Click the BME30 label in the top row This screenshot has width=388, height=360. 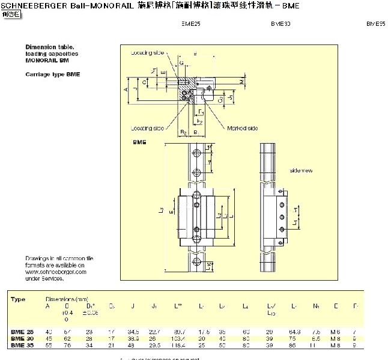[280, 25]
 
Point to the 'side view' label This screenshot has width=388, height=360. [301, 171]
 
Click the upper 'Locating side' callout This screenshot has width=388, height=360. [147, 53]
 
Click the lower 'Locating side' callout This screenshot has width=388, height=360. [147, 128]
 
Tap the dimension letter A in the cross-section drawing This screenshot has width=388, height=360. [126, 89]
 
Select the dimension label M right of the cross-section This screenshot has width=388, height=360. [241, 80]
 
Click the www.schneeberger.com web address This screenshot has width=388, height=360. [56, 272]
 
